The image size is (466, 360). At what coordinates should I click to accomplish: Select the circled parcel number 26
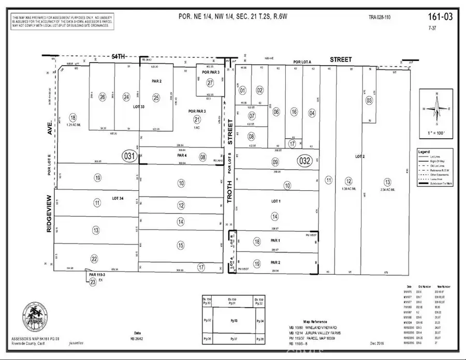[x=103, y=97]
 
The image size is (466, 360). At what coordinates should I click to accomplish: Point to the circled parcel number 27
[x=210, y=82]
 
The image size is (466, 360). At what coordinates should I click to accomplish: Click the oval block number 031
[x=129, y=156]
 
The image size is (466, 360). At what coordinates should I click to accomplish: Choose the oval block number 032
[x=305, y=161]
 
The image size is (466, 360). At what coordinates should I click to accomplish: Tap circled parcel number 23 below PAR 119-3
[x=93, y=282]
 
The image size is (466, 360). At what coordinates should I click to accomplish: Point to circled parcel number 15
[x=180, y=245]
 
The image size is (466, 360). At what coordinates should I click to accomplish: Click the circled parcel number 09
[x=275, y=162]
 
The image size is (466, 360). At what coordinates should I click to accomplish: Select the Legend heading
[x=424, y=152]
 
